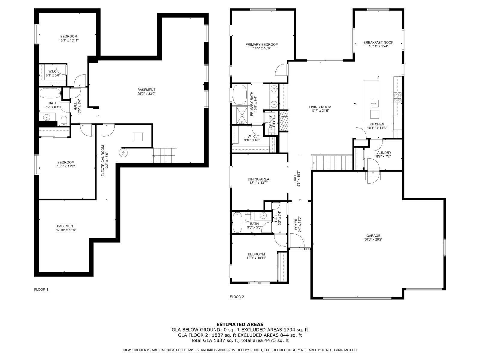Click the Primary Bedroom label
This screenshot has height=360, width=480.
click(x=262, y=45)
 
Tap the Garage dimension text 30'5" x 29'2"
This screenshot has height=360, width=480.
click(x=373, y=239)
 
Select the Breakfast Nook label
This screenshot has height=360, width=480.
click(x=378, y=43)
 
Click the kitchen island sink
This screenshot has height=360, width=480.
click(x=374, y=104)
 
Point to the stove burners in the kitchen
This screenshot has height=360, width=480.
click(x=397, y=97)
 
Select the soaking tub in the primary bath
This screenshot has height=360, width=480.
click(x=239, y=94)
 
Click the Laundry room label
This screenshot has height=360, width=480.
click(x=383, y=153)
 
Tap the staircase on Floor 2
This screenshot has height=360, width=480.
click(x=332, y=162)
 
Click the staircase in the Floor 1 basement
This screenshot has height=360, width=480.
click(x=165, y=155)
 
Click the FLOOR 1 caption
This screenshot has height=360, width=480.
click(x=41, y=289)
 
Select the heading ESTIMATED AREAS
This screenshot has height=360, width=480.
click(x=240, y=324)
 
